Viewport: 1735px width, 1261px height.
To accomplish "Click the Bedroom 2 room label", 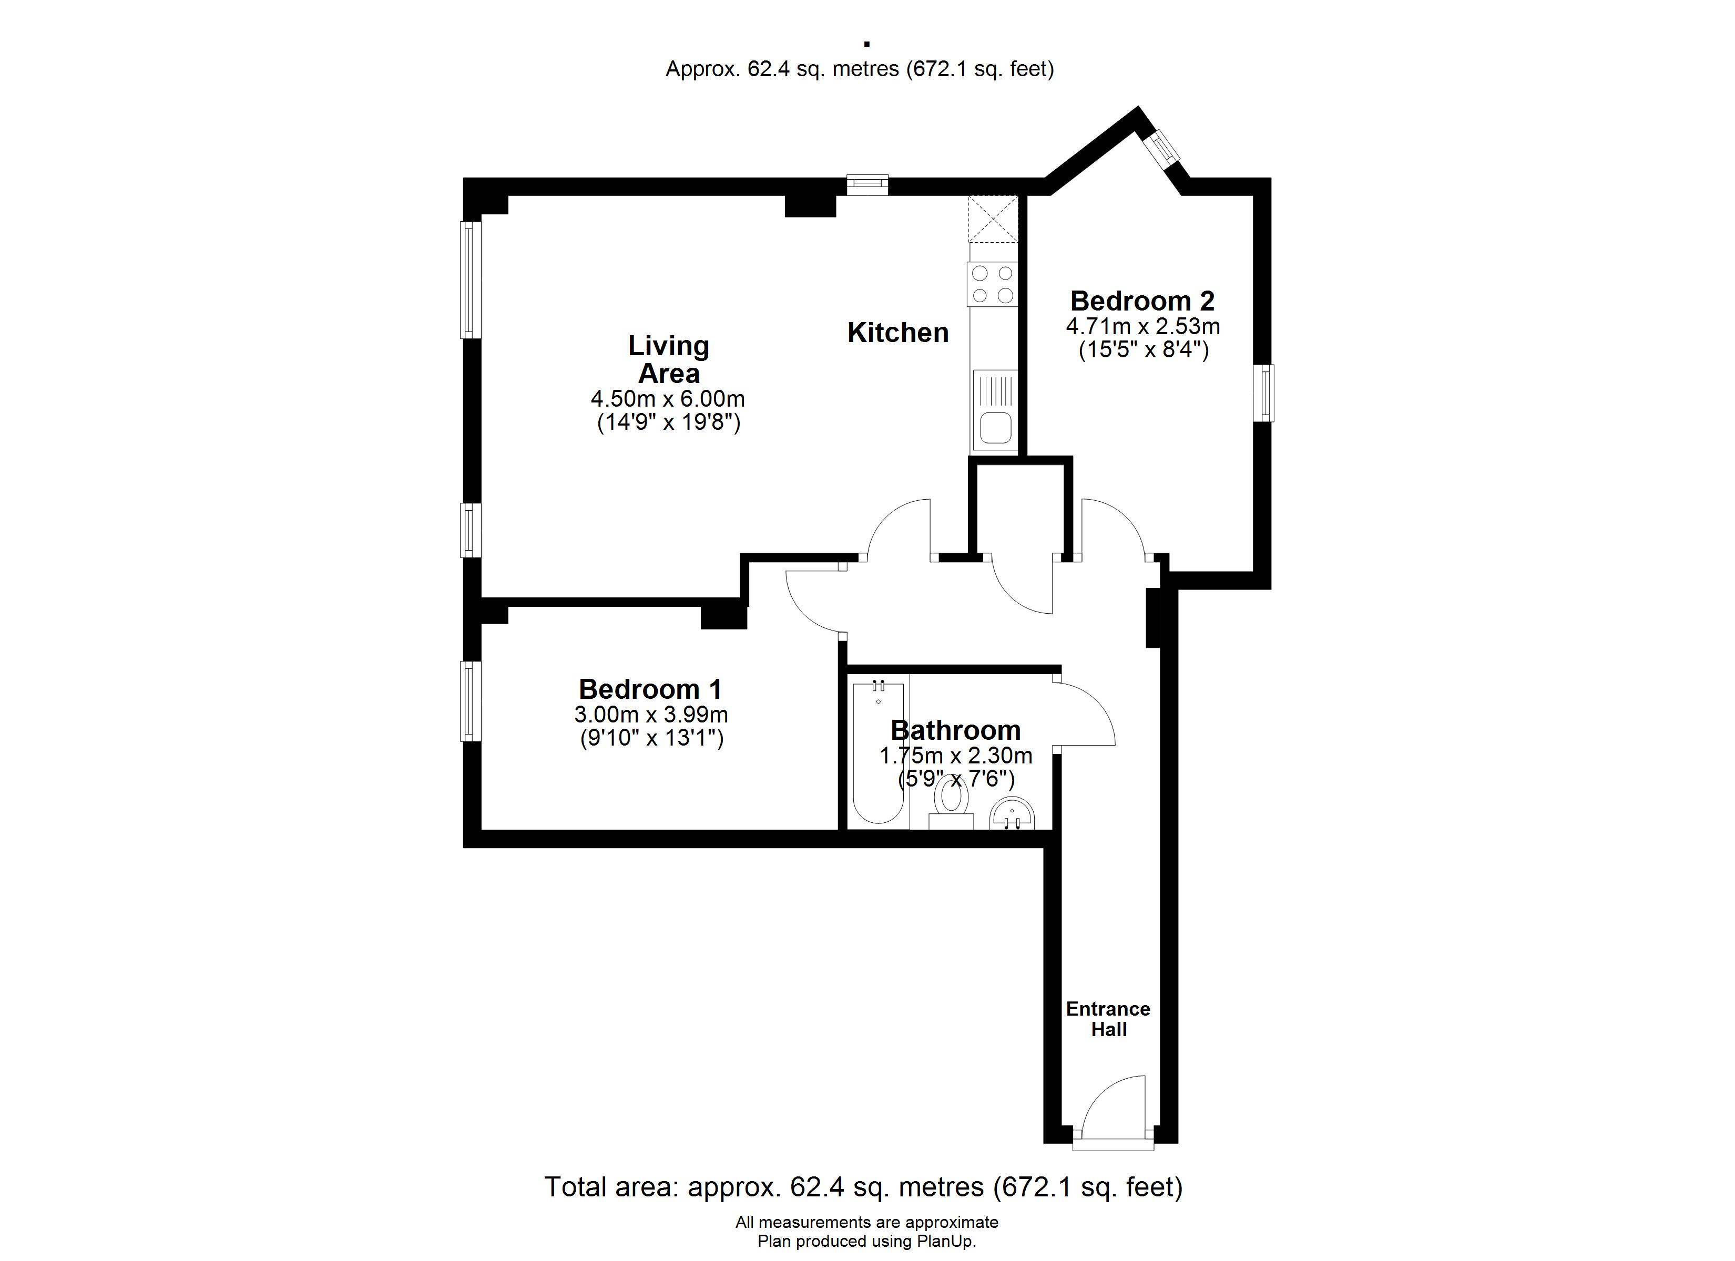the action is coord(1142,301).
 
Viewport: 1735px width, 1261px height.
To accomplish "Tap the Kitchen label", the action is coord(898,333).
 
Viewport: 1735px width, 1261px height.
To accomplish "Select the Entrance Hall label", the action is coord(1108,1019).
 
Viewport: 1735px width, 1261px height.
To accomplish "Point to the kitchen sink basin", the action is coord(996,428).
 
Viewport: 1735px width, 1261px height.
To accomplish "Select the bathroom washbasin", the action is coord(1012,814).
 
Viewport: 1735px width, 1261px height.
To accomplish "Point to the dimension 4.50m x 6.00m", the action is coord(668,399).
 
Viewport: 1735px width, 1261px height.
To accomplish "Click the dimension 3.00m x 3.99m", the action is coord(651,715).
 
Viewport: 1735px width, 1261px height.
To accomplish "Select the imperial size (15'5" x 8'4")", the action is coord(1144,351).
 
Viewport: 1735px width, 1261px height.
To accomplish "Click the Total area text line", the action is coord(864,1187).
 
